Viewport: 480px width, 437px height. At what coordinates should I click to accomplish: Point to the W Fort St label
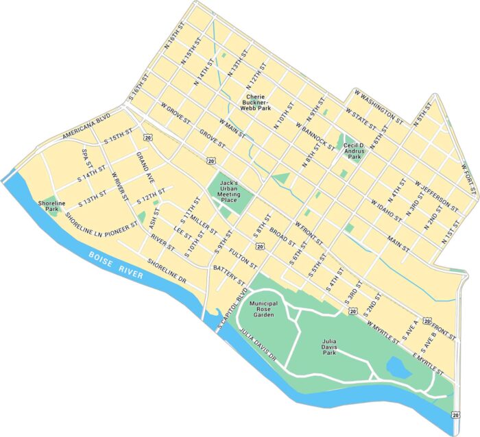point(468,179)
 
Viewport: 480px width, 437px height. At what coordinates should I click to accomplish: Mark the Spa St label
point(86,160)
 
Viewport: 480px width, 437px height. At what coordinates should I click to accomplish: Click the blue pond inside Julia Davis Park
point(399,366)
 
